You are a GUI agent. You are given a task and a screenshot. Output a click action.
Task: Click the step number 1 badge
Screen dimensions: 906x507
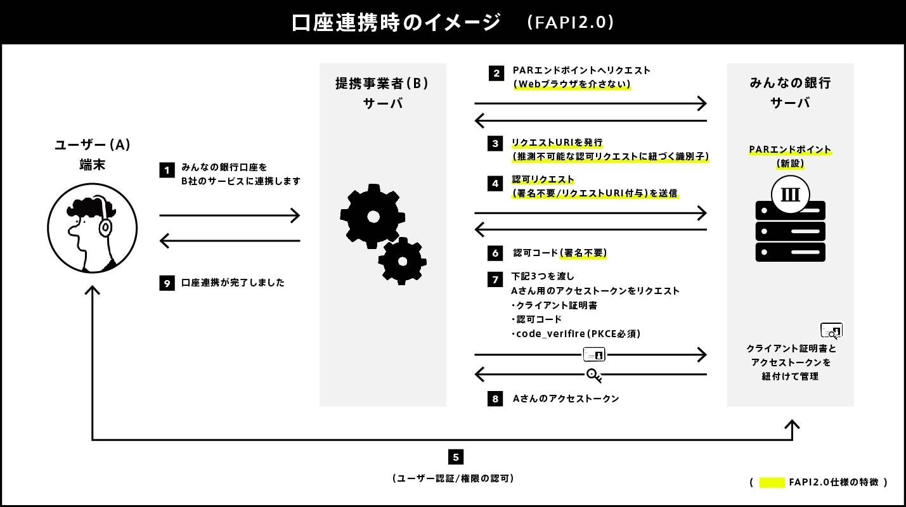coord(167,170)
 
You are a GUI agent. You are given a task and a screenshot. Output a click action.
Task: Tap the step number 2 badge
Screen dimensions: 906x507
coord(496,73)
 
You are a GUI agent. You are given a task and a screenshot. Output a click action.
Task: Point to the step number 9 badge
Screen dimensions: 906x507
coord(167,283)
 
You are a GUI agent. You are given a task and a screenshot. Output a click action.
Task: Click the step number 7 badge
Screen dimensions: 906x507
coord(496,279)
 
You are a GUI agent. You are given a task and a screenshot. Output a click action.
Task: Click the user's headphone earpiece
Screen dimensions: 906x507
coord(105,226)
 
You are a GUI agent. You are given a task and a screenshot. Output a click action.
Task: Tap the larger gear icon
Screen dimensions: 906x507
coord(372,216)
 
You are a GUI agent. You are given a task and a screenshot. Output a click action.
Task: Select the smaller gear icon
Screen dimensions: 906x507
coord(402,260)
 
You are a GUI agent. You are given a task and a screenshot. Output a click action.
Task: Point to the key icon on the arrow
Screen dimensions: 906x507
coord(593,375)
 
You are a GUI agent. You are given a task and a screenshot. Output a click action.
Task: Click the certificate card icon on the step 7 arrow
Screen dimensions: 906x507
coord(594,354)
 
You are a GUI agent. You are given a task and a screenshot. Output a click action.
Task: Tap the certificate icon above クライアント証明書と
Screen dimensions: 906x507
coord(831,330)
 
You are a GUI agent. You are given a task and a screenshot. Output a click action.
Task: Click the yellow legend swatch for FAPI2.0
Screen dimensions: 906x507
coord(772,482)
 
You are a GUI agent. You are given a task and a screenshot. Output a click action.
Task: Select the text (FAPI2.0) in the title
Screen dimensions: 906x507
coord(571,22)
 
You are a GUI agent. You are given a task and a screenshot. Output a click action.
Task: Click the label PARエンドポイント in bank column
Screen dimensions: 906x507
coord(790,150)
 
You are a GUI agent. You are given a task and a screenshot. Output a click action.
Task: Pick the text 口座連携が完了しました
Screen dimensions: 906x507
coord(233,283)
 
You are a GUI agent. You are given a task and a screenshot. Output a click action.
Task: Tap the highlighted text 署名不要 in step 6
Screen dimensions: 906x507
coord(583,253)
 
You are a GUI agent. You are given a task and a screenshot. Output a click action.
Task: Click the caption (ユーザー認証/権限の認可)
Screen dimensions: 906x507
coord(453,478)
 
